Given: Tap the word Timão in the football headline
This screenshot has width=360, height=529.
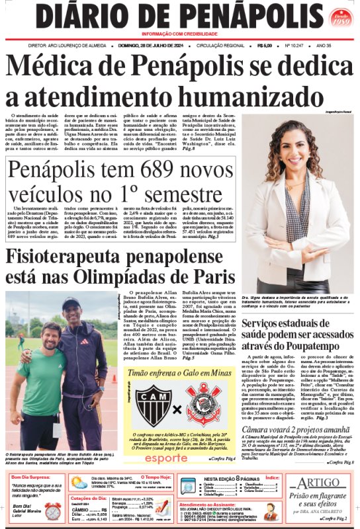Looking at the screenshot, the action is [147, 375].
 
